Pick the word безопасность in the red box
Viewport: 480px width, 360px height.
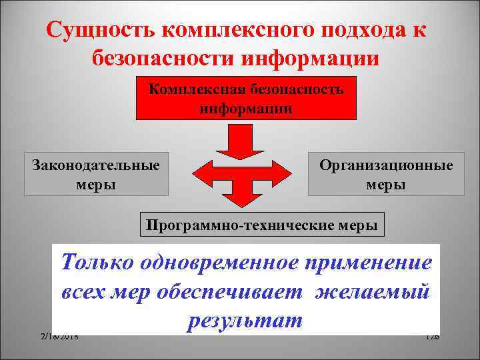click(x=297, y=89)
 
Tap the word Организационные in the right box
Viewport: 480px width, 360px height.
click(x=386, y=165)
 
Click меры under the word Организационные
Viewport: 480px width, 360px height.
click(x=386, y=183)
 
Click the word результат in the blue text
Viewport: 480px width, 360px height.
click(x=245, y=321)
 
